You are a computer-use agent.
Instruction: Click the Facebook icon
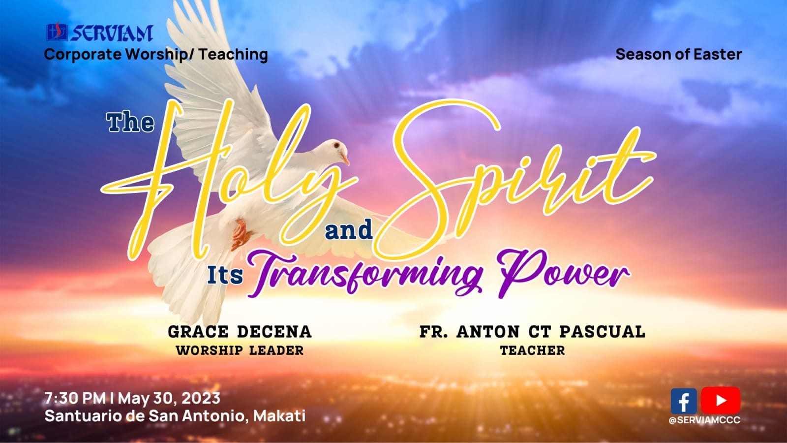(x=684, y=401)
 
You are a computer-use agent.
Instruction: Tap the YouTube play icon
(x=721, y=401)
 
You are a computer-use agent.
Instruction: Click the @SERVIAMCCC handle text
(x=704, y=420)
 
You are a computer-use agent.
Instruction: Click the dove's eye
(x=336, y=145)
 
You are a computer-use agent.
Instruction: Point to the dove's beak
(x=345, y=158)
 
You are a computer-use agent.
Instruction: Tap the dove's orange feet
(x=241, y=234)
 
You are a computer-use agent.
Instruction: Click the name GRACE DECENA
(x=240, y=332)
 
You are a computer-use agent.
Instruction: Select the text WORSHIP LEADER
(x=240, y=350)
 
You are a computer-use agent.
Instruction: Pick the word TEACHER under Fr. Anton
(x=533, y=350)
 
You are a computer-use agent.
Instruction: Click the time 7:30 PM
(x=75, y=398)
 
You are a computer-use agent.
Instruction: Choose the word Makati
(x=279, y=416)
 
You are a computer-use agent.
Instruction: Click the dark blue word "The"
(x=130, y=123)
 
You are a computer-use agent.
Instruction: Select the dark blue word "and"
(x=349, y=230)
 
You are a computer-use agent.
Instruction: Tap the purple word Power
(x=564, y=274)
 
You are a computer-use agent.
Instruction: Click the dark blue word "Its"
(x=225, y=275)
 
